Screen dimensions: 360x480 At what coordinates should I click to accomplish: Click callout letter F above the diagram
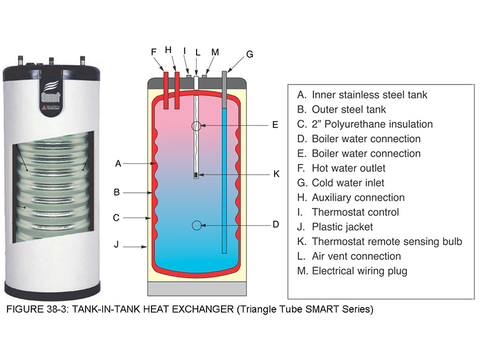pos(154,52)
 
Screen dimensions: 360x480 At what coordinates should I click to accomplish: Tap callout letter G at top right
pos(250,54)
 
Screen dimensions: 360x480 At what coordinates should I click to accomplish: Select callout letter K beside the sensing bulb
pos(276,174)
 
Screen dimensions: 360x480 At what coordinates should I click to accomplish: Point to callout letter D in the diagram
pos(276,225)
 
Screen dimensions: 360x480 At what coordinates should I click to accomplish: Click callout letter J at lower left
pos(116,245)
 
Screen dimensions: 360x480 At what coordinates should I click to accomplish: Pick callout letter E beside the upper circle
pos(275,124)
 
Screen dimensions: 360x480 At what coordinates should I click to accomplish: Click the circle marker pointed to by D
pos(197,225)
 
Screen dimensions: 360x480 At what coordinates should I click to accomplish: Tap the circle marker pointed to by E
pos(197,125)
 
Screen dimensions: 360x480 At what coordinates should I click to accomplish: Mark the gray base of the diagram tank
pos(197,288)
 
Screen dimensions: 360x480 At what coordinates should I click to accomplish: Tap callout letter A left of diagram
pos(118,164)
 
